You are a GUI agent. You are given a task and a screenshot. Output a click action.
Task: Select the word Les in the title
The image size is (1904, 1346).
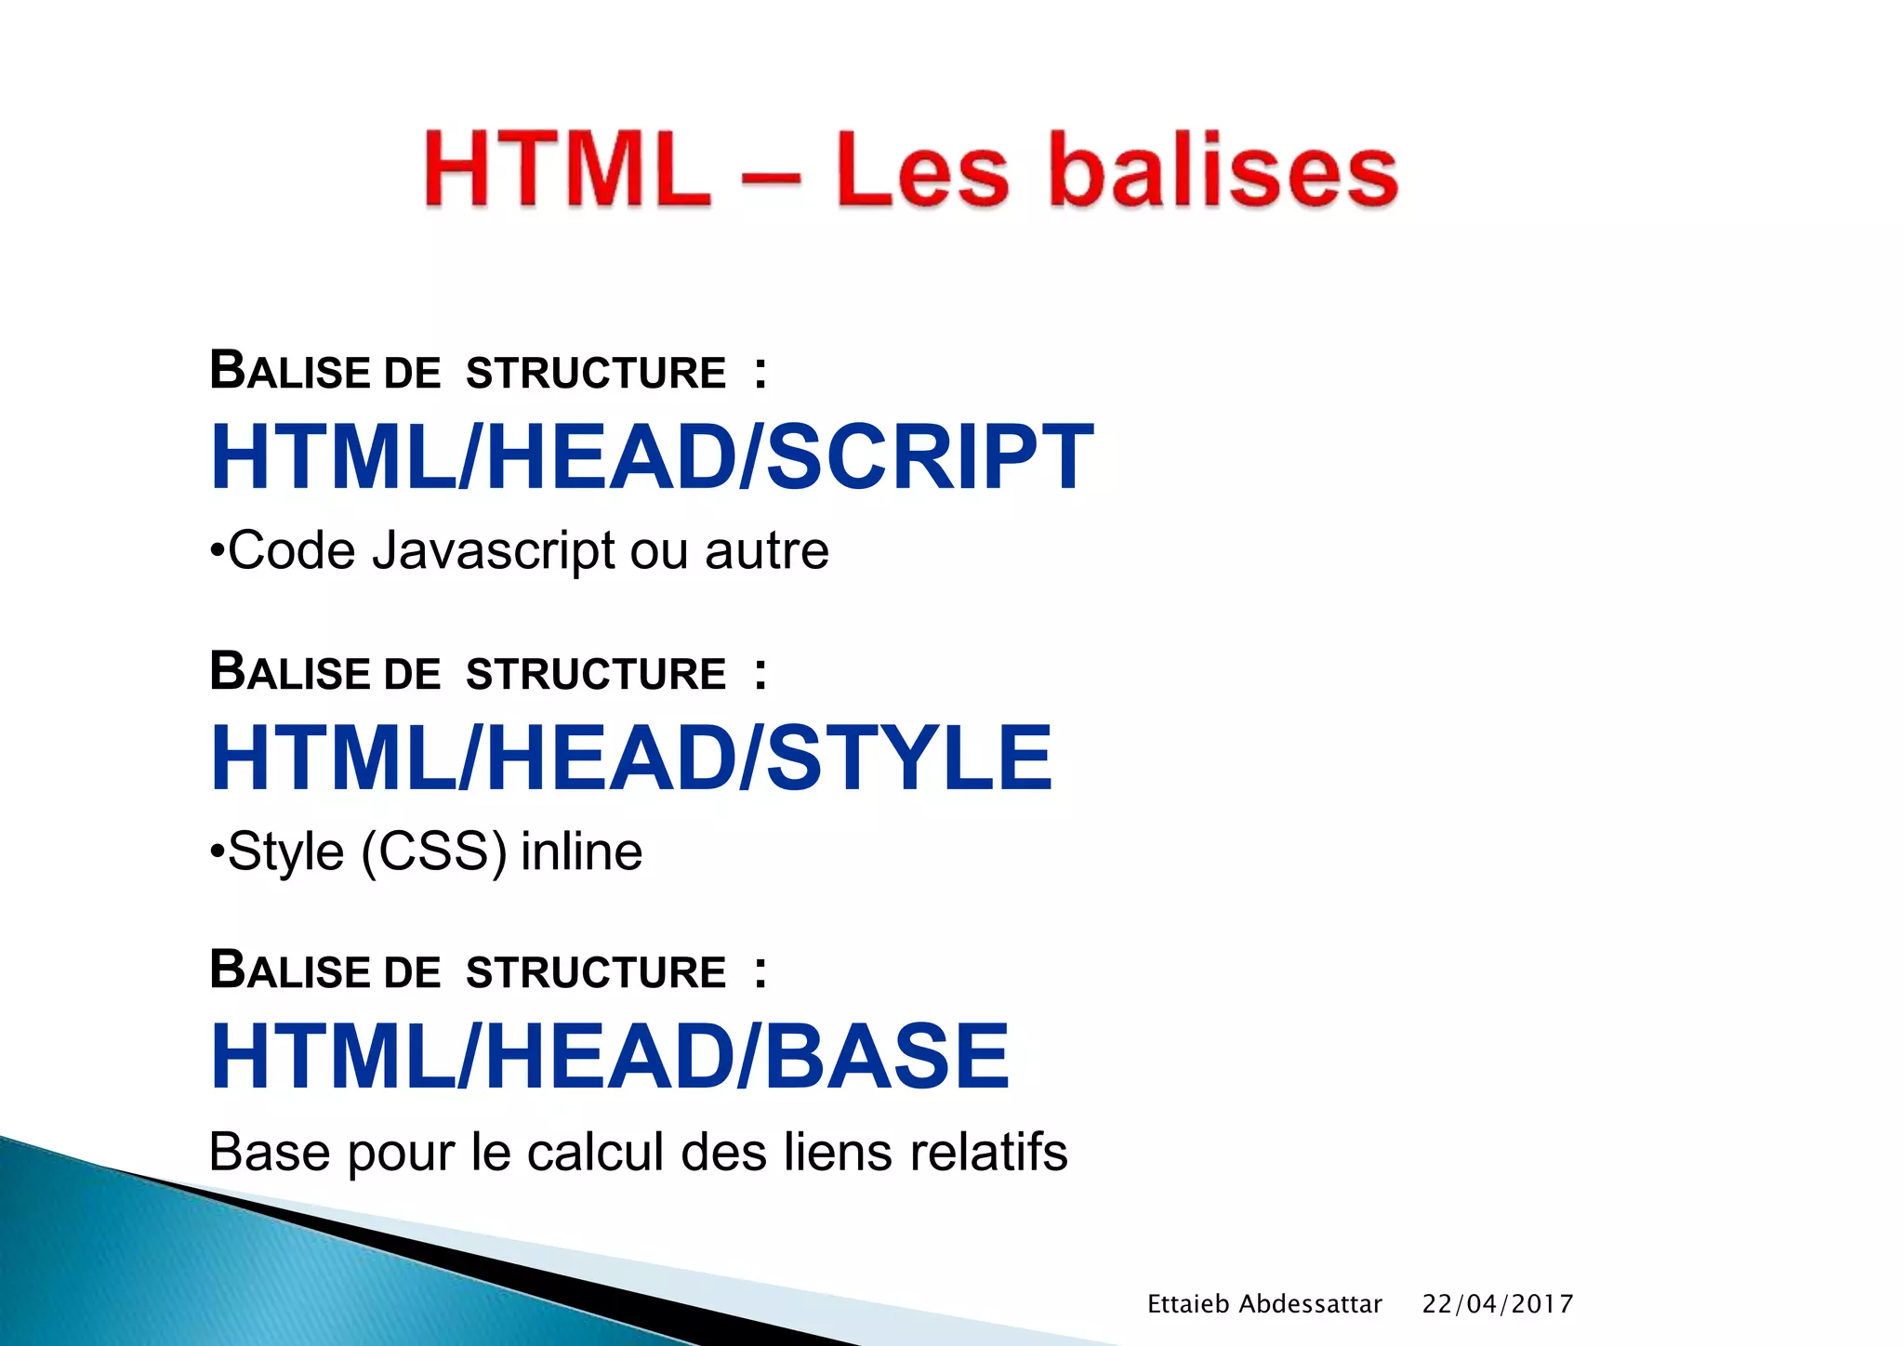pyautogui.click(x=920, y=170)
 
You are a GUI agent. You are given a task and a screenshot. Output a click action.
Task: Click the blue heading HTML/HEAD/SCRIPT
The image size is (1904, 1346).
pyautogui.click(x=652, y=456)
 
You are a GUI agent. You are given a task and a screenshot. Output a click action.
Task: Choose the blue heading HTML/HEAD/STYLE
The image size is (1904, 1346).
pyautogui.click(x=631, y=758)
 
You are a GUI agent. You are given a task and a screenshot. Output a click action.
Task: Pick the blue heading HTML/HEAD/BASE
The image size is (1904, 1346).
pyautogui.click(x=609, y=1056)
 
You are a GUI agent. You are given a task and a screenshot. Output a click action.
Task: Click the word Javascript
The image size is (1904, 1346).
pyautogui.click(x=493, y=551)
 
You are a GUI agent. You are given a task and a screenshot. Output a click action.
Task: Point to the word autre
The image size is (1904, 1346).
pyautogui.click(x=767, y=551)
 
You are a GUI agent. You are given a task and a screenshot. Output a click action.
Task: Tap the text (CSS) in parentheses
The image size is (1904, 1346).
pyautogui.click(x=434, y=851)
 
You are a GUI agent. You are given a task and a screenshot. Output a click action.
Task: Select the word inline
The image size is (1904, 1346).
pyautogui.click(x=581, y=851)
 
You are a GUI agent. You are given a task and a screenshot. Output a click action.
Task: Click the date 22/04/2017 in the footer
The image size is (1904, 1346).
pyautogui.click(x=1498, y=1304)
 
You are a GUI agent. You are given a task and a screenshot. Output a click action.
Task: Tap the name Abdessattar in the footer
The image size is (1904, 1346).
pyautogui.click(x=1311, y=1304)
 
